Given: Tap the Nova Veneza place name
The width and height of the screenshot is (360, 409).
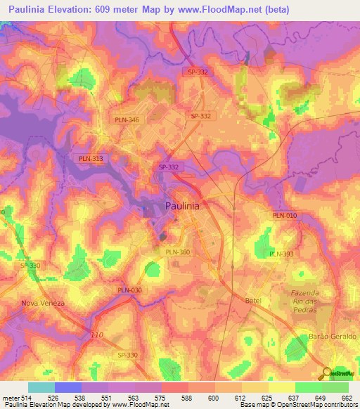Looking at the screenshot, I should [43, 303].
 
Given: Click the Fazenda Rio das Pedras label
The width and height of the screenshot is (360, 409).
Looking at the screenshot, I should [305, 301].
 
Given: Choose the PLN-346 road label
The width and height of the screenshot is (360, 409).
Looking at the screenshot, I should [127, 120].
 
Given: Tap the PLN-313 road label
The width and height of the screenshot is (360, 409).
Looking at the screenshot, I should [91, 159].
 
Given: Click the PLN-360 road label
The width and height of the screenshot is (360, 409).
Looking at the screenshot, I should [177, 252].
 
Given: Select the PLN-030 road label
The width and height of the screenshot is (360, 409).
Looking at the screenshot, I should [129, 290].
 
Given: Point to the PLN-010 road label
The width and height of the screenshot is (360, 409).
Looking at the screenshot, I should [285, 215].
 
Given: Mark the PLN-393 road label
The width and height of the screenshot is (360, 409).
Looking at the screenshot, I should [281, 254].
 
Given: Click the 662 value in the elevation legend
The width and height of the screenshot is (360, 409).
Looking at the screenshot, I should [346, 398].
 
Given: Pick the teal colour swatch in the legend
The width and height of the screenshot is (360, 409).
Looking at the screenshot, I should [41, 387].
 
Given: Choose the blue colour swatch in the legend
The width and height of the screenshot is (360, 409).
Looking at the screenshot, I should [67, 387].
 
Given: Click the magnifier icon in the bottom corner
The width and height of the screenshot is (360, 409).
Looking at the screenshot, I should [326, 372].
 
